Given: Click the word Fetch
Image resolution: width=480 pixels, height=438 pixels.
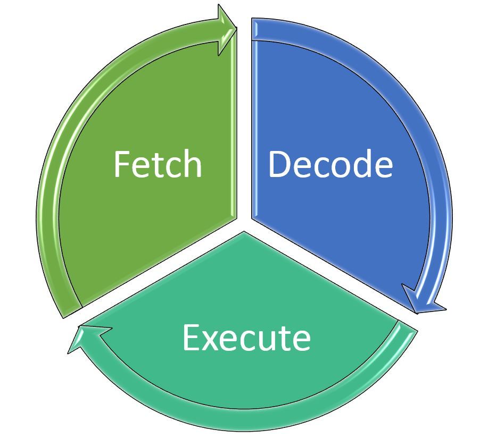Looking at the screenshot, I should tap(158, 164).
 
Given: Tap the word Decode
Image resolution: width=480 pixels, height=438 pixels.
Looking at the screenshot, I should tap(330, 164).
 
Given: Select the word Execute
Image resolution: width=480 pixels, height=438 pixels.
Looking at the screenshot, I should tap(246, 338).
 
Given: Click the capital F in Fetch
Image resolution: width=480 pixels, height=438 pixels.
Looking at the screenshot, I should tap(122, 164).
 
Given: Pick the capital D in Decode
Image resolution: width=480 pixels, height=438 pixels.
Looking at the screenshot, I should tap(280, 164).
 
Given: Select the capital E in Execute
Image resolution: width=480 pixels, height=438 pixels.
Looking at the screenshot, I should tap(191, 338).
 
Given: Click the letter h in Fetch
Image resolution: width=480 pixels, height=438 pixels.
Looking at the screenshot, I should tap(192, 164).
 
